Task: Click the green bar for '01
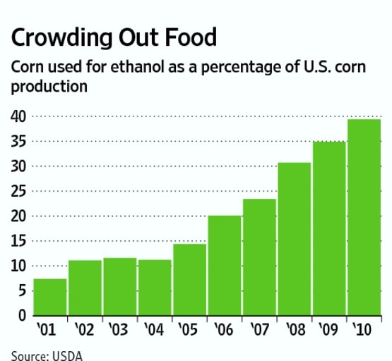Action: [x=49, y=297]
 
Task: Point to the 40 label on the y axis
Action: [x=18, y=116]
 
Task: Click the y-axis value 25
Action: [x=18, y=191]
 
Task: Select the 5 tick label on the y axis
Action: [x=22, y=290]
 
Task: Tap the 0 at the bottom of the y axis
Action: [x=22, y=315]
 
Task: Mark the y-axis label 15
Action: [x=18, y=241]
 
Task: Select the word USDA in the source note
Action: [x=68, y=355]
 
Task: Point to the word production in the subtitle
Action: [x=48, y=87]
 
